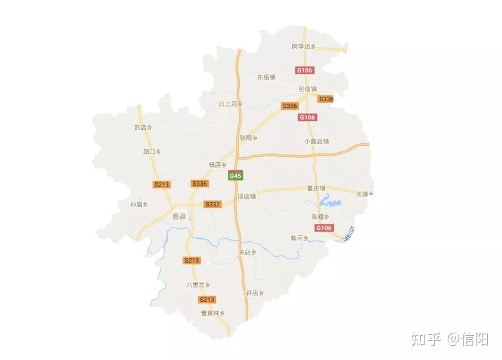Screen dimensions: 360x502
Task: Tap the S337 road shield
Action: [x=212, y=204]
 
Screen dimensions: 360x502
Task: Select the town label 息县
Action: [x=179, y=216]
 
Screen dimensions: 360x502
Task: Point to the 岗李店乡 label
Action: [x=304, y=47]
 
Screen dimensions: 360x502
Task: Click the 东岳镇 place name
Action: [x=266, y=77]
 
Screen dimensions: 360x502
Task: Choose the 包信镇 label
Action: [x=307, y=88]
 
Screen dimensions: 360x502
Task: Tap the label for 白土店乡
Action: [x=231, y=104]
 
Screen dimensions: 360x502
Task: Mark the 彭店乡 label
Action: [x=143, y=127]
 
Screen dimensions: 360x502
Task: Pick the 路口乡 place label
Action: [x=152, y=152]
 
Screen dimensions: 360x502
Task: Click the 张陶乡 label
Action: [x=249, y=138]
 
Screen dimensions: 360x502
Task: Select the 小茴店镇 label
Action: [x=317, y=141]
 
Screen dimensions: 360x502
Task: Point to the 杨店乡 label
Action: [x=217, y=165]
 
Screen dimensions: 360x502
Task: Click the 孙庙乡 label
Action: [x=139, y=204]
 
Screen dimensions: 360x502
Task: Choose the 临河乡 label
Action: [x=299, y=238]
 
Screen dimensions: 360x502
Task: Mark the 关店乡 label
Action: [x=247, y=252]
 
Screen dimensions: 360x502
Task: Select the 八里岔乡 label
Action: [x=198, y=285]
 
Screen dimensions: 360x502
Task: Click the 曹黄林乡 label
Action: [x=212, y=313]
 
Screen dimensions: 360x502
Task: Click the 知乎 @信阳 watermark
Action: [x=449, y=340]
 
